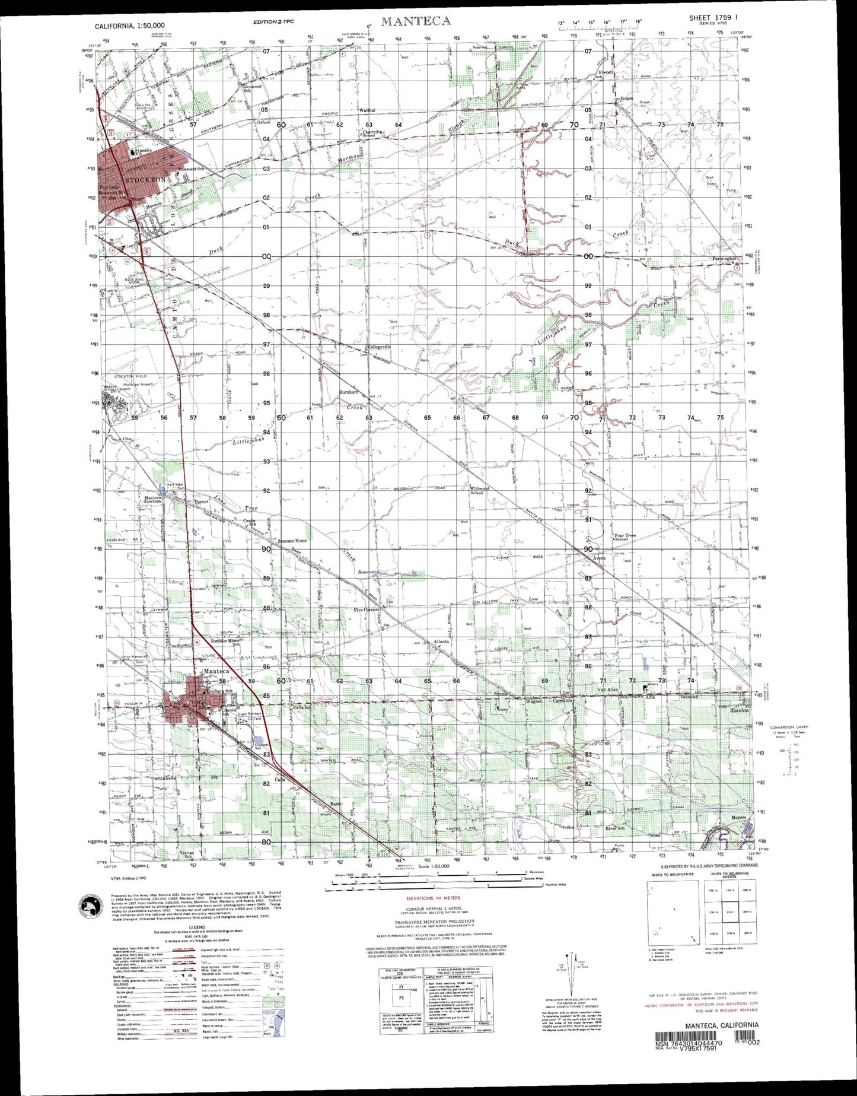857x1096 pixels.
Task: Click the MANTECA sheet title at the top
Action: click(x=416, y=21)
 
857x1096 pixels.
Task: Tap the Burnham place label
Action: click(x=349, y=392)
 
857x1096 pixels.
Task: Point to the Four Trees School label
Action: click(x=625, y=538)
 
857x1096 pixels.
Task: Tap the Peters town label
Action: click(x=626, y=99)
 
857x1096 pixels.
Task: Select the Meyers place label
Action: click(x=739, y=815)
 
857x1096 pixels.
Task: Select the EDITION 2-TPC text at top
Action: click(x=273, y=22)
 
